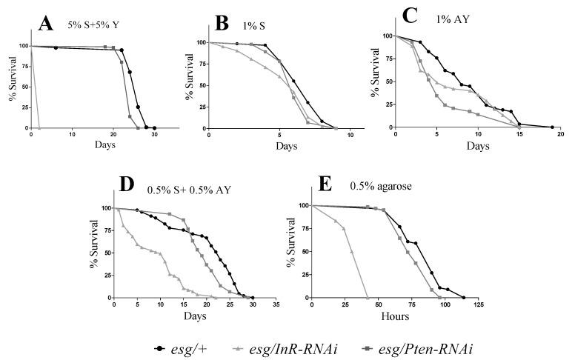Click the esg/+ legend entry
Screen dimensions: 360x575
(x=182, y=347)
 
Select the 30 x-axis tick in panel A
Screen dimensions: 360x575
(x=154, y=135)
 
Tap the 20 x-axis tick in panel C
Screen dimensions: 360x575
(x=560, y=134)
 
